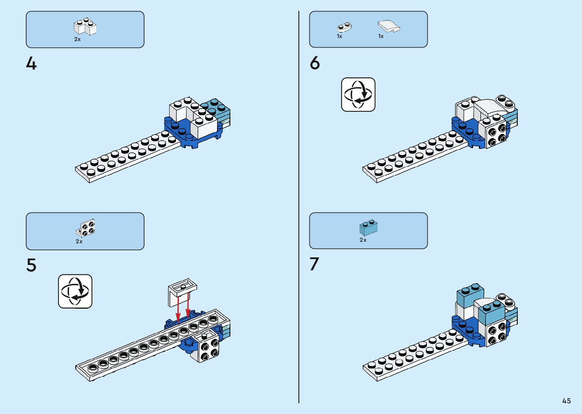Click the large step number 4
tap(31, 63)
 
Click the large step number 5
tap(31, 265)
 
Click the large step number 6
tap(315, 63)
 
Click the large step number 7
tap(314, 264)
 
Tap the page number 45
tap(566, 401)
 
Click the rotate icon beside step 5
tap(75, 291)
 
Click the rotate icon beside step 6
tap(358, 94)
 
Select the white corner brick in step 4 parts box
tap(85, 27)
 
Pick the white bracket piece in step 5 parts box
tap(86, 228)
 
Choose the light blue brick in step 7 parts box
tap(368, 227)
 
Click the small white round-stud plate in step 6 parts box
tap(344, 27)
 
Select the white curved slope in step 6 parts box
tap(389, 26)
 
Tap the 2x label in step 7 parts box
tap(363, 240)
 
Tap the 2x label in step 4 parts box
tap(77, 39)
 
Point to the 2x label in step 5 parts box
tap(79, 241)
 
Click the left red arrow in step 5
tap(178, 310)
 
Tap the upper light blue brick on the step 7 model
tap(470, 294)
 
